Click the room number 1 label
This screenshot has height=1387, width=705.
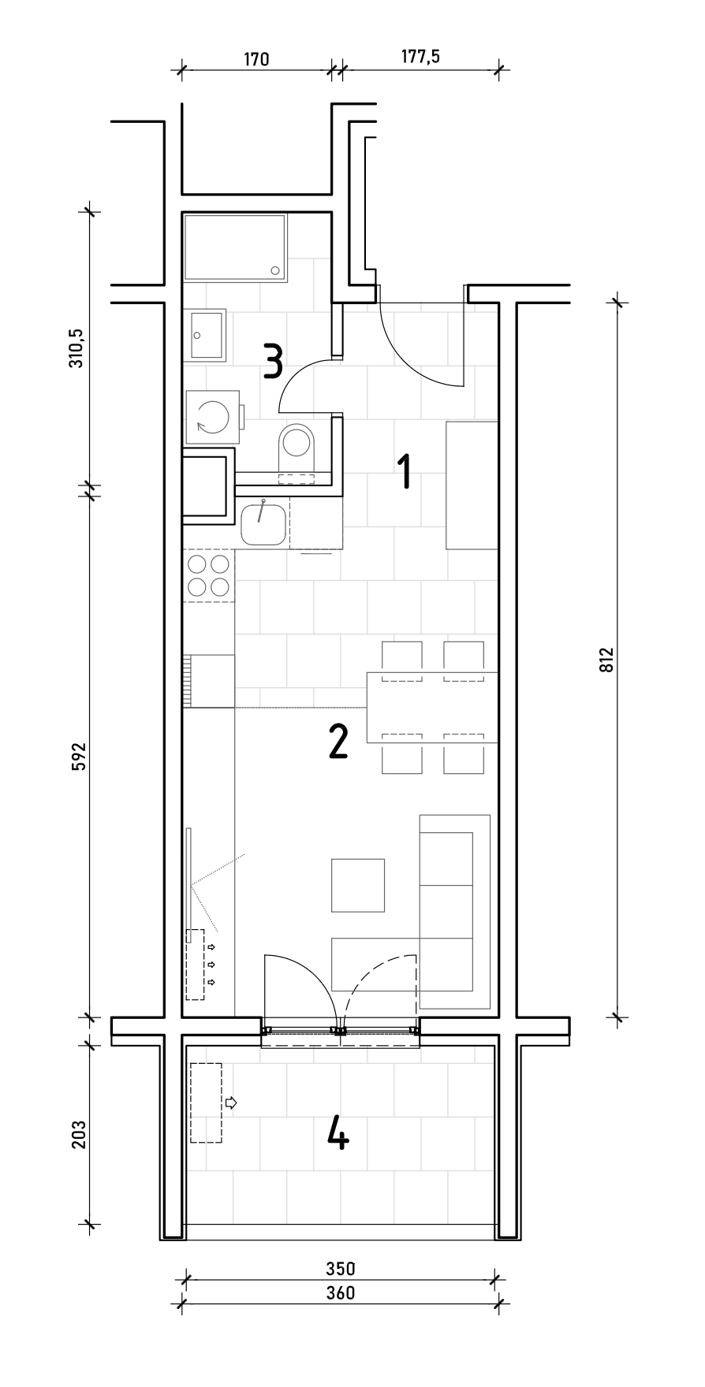(405, 471)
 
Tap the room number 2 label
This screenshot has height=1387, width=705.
(338, 741)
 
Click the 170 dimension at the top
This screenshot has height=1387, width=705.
(256, 59)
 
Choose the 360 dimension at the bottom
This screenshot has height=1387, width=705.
(341, 1294)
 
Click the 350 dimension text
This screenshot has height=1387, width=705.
(341, 1270)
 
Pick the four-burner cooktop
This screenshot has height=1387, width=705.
(209, 575)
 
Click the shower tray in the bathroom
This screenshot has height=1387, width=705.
(236, 247)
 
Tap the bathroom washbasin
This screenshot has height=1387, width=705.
(207, 335)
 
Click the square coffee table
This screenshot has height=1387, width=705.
(358, 885)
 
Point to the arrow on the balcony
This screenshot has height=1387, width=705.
(231, 1102)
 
